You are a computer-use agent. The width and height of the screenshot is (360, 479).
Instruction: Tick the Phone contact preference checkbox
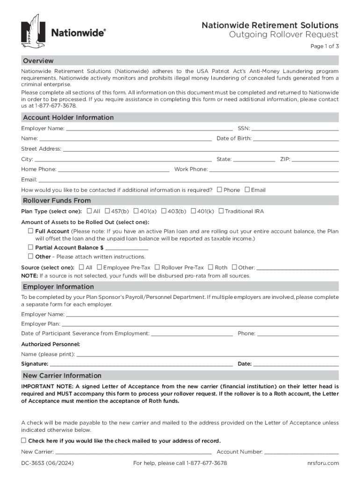(219, 189)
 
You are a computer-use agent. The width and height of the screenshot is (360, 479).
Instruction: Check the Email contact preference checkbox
(247, 189)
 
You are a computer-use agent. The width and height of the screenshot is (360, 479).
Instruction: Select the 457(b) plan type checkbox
(108, 211)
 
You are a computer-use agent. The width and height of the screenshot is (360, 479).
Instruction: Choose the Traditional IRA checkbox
(221, 211)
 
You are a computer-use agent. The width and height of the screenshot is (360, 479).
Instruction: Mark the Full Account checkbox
(30, 231)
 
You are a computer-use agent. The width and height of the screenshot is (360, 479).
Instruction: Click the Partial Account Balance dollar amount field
(123, 247)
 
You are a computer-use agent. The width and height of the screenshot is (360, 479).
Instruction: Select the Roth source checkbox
(211, 267)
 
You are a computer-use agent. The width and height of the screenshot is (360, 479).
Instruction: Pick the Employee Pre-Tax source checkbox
(99, 267)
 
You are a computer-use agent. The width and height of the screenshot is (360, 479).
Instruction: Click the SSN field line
(295, 128)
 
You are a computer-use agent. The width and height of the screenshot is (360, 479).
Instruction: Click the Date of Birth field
(295, 138)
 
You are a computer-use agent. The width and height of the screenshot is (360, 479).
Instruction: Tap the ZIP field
(315, 159)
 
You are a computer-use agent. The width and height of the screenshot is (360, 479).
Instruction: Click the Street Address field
(201, 149)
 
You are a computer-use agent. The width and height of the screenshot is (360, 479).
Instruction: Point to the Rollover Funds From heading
(57, 201)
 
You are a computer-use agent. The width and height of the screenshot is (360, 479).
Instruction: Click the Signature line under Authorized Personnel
(141, 363)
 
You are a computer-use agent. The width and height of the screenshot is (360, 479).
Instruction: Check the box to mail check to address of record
(23, 441)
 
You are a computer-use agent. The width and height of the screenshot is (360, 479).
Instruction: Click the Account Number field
(302, 452)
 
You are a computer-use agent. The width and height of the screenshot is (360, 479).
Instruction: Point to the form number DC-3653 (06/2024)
(47, 463)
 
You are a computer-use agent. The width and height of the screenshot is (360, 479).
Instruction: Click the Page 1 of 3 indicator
(324, 46)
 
